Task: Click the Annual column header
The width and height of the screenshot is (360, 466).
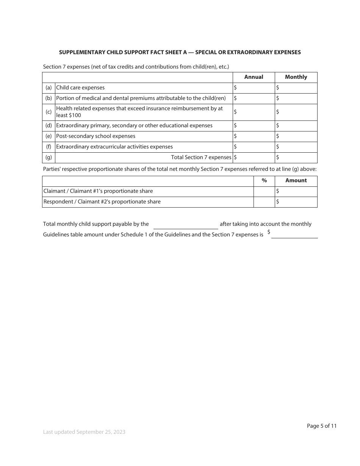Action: click(254, 77)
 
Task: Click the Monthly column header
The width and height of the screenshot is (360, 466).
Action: click(296, 77)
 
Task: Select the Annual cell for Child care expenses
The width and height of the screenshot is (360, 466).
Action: click(254, 88)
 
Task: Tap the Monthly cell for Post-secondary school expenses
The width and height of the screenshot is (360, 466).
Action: click(296, 136)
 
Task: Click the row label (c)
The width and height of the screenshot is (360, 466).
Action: click(49, 112)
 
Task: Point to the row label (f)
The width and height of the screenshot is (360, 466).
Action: click(49, 147)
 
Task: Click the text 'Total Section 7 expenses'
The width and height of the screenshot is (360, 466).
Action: click(201, 157)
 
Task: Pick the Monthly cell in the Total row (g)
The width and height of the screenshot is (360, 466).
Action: click(296, 157)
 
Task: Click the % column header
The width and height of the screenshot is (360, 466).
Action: click(264, 181)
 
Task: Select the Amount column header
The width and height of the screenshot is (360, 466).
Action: click(296, 181)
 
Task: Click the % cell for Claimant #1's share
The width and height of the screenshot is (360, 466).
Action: click(264, 191)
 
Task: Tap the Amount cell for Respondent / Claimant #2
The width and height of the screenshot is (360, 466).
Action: click(296, 202)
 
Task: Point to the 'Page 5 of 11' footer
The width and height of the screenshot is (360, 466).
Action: click(321, 426)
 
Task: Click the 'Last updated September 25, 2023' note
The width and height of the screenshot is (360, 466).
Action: click(84, 432)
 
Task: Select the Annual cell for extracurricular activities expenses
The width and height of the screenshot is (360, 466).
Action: click(254, 147)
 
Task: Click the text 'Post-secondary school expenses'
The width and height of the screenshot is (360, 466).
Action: click(95, 136)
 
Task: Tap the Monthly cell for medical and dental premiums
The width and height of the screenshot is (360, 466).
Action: click(296, 99)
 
